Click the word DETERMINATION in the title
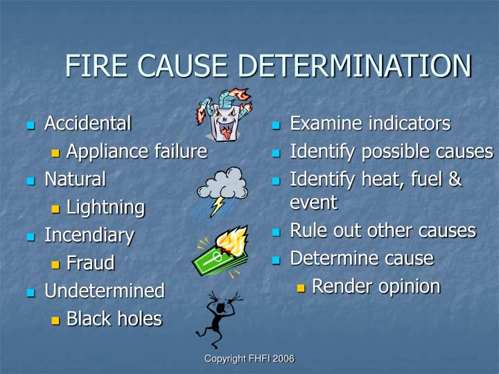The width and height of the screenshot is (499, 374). pos(355,66)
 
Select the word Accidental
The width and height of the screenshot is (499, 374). pos(87,124)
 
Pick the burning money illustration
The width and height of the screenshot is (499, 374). pos(220,253)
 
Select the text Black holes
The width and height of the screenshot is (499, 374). pos(114,319)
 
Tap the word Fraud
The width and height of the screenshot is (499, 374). pos(91,263)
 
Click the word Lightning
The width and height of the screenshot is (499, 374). pos(105,207)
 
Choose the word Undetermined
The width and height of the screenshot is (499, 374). pos(104,291)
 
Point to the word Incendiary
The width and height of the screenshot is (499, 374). pos(89,235)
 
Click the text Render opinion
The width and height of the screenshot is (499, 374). pos(376,286)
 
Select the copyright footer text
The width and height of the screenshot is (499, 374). pos(249,359)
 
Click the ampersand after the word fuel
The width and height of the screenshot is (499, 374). pos(454,179)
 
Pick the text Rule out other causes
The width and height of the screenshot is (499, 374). pos(383,231)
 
